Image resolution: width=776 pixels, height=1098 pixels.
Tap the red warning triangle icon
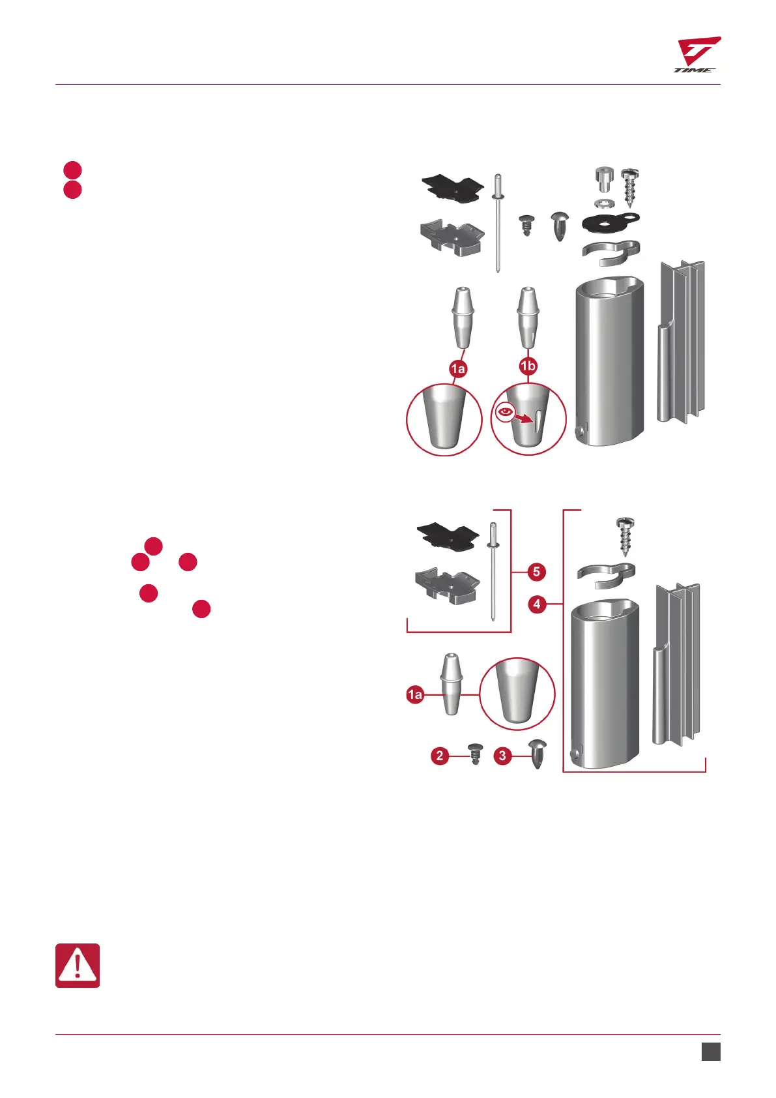[x=78, y=965]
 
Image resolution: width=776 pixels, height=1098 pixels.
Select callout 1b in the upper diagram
[x=527, y=366]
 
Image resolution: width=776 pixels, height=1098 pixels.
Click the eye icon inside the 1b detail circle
[x=504, y=411]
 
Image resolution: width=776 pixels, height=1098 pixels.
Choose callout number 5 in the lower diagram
[x=536, y=572]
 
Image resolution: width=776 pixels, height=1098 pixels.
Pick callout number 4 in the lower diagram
[x=536, y=604]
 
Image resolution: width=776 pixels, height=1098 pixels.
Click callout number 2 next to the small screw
[x=440, y=756]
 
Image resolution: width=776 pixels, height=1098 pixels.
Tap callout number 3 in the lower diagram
[x=502, y=756]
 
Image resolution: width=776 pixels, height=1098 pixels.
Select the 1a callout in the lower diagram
[x=415, y=695]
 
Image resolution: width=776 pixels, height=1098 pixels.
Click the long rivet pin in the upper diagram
[x=498, y=222]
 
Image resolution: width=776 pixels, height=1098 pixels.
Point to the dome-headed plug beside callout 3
[x=538, y=753]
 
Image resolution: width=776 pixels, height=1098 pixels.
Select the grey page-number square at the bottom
[x=711, y=1052]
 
